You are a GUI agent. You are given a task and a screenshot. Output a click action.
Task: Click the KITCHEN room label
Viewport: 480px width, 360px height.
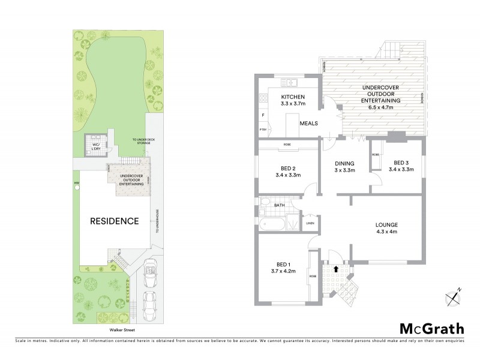tap(293, 97)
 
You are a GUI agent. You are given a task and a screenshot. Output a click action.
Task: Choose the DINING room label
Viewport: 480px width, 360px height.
tap(344, 163)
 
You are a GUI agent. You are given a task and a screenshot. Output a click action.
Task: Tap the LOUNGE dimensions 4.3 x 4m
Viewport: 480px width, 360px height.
tap(387, 232)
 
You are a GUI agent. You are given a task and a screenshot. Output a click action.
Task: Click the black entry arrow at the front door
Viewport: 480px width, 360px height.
tap(335, 269)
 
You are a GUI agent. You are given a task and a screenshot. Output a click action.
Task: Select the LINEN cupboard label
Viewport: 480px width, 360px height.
tap(310, 223)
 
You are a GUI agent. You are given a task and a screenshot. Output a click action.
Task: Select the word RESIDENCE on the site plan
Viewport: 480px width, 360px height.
tap(114, 221)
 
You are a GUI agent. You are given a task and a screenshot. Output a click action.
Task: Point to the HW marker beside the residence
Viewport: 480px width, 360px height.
tap(76, 183)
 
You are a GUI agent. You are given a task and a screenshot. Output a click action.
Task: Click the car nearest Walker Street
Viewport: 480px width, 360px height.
tap(149, 304)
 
